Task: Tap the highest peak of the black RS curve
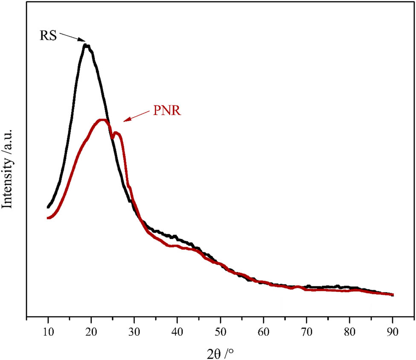tap(86, 45)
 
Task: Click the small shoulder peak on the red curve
tap(117, 133)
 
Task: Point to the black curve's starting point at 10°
tap(48, 207)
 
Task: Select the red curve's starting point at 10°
tap(48, 218)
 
